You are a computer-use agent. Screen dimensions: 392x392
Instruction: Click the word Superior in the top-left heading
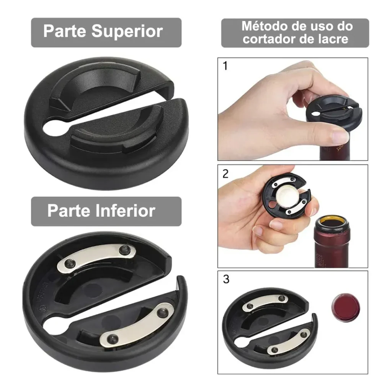coord(127,32)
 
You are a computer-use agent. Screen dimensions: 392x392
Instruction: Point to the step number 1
coord(225,66)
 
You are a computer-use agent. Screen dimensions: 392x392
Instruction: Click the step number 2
coord(225,174)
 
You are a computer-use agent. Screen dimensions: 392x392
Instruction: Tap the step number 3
coord(226,279)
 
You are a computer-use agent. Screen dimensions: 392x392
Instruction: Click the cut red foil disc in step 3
coord(346,307)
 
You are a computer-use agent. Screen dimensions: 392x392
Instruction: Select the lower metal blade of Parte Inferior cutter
coord(137,325)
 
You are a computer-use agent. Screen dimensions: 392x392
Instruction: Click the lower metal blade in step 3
coord(287,341)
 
